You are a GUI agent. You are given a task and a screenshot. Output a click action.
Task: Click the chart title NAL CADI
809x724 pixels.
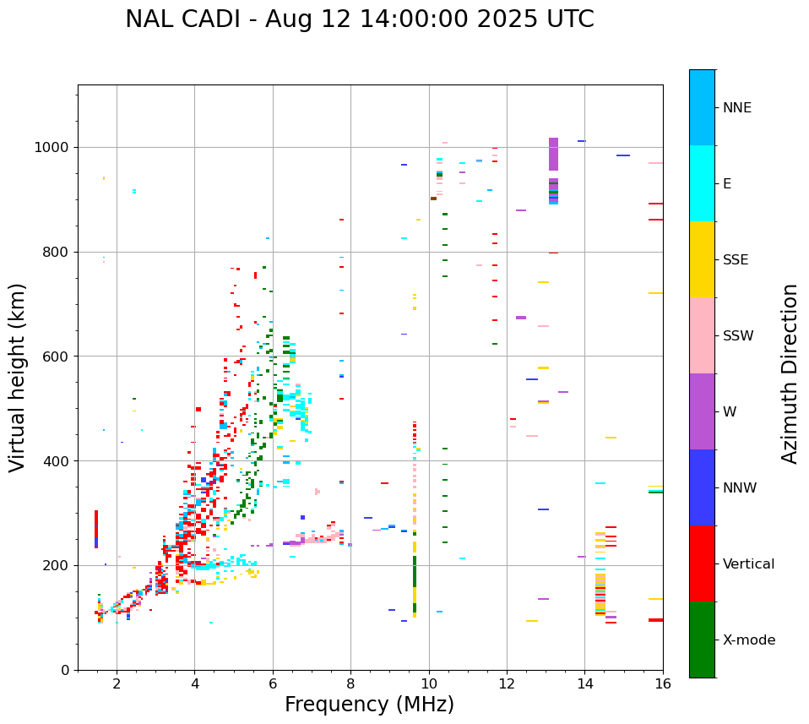[x=187, y=19]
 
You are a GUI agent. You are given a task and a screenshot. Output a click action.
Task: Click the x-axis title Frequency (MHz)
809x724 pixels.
[x=369, y=705]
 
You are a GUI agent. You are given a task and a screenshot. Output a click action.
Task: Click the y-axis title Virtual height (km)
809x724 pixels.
[x=18, y=378]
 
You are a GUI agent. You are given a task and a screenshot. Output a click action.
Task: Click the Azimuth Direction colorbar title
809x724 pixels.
[x=790, y=373]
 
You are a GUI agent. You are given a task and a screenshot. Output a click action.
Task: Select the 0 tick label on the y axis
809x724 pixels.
[x=65, y=670]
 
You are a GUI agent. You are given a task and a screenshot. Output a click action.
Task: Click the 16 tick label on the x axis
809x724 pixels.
[x=663, y=683]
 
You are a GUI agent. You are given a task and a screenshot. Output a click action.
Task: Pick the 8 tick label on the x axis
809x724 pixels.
[x=350, y=683]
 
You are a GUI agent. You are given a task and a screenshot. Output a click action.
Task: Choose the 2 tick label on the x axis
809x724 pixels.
[x=117, y=683]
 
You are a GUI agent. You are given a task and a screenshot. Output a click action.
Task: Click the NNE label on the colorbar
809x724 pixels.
[x=736, y=108]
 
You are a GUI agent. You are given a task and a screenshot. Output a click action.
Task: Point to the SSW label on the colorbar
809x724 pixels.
[x=737, y=336]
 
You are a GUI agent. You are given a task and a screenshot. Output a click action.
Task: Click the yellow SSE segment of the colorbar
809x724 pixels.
[x=702, y=259]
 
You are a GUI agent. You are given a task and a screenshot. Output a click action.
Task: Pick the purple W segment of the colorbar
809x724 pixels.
[x=702, y=411]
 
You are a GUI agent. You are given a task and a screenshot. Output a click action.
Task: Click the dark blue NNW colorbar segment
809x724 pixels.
[x=702, y=487]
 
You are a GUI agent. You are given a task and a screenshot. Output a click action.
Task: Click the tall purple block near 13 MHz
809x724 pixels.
[x=553, y=155]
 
